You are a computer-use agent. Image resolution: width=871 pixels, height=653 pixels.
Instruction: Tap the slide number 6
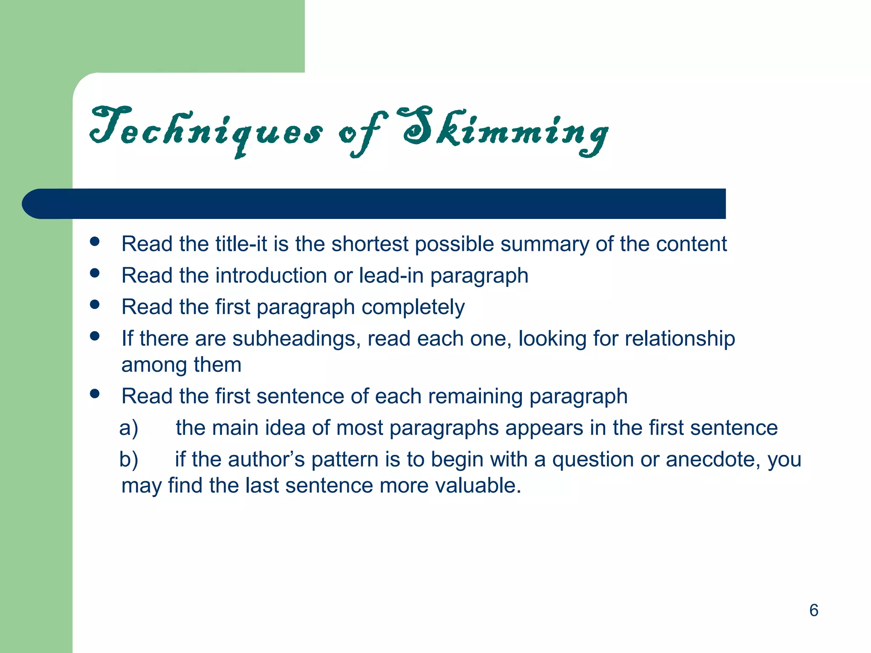coord(814,610)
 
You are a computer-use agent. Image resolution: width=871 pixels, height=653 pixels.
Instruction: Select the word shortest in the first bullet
coord(370,244)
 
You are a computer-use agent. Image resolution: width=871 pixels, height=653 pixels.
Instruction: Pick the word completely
coord(413,307)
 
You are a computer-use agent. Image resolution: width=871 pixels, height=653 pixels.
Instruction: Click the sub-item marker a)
coord(128,428)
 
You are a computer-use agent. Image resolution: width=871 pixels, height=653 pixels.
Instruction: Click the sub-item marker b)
coord(128,460)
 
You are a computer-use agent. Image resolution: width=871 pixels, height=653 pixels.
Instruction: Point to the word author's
coord(266,460)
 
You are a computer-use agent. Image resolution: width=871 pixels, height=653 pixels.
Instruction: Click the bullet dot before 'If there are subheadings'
coord(95,336)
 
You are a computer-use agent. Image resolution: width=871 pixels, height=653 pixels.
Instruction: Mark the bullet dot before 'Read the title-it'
coord(95,241)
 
